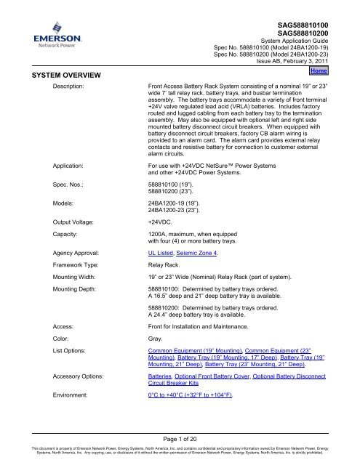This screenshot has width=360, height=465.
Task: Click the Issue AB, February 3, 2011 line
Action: click(299, 64)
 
